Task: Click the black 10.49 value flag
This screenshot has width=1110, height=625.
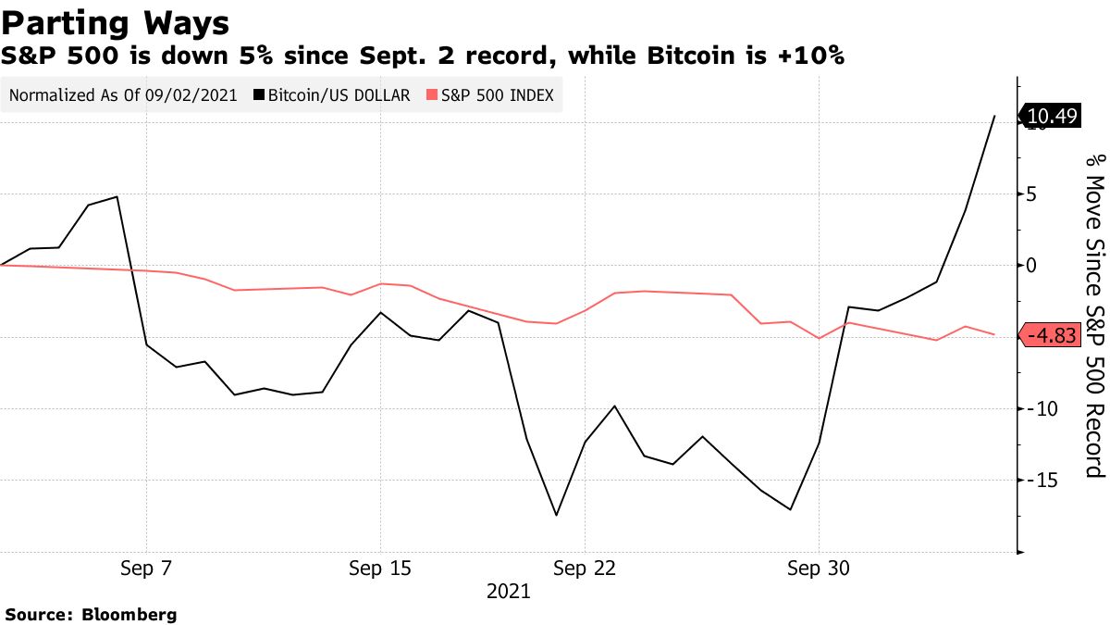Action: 1052,116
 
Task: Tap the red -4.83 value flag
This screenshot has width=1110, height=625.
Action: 1051,336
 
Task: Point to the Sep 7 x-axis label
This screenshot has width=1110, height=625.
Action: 146,569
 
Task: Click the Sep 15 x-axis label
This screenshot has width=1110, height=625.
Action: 380,569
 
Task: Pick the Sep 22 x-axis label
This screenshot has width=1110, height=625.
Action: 585,569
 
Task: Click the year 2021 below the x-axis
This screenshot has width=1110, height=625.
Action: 509,591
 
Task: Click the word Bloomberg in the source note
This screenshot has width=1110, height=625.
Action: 129,614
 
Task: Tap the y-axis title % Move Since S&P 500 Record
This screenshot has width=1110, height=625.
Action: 1095,315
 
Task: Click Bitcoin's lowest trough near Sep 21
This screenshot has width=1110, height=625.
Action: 556,515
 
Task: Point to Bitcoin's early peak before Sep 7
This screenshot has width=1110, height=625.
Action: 117,196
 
